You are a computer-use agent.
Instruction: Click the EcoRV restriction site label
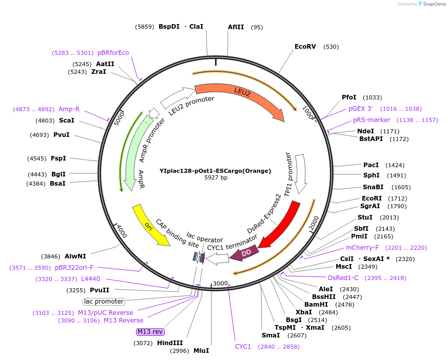[x=305, y=47]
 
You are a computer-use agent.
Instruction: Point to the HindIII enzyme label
[x=169, y=343]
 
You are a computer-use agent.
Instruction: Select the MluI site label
[x=201, y=351]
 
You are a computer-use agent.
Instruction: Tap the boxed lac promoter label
[x=104, y=302]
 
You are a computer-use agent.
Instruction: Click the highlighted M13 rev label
[x=150, y=332]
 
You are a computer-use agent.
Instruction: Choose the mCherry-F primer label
[x=362, y=248]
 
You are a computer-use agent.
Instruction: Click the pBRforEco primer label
[x=113, y=52]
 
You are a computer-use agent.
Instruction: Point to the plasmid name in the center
[x=215, y=171]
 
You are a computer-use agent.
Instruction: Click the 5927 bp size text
[x=216, y=178]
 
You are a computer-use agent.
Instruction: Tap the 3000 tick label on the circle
[x=220, y=284]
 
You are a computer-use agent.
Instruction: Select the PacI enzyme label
[x=371, y=165]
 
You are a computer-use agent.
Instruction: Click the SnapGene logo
[x=432, y=4]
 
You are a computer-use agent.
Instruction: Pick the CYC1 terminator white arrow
[x=216, y=258]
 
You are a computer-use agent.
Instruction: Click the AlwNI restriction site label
[x=75, y=256]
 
